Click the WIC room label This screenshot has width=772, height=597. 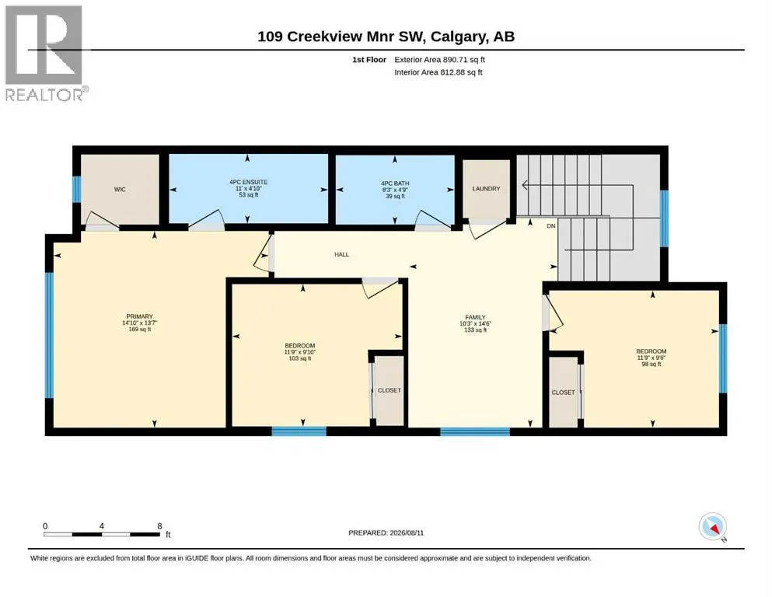(120, 190)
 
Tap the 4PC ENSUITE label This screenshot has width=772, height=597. (248, 182)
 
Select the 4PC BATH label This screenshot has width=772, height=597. (395, 183)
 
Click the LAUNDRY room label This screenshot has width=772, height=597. (486, 189)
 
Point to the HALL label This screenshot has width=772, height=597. (342, 254)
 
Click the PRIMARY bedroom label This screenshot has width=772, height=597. (140, 316)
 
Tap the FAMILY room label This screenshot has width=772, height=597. (475, 317)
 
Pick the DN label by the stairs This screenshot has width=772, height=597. (551, 226)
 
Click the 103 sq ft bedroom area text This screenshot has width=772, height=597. (300, 358)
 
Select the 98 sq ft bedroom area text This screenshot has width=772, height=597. (651, 365)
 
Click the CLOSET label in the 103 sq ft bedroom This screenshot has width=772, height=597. (389, 390)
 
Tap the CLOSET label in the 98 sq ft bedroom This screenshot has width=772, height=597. (563, 393)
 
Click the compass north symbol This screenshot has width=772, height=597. (713, 527)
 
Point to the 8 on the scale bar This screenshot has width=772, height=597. (159, 526)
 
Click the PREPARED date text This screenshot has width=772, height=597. (386, 532)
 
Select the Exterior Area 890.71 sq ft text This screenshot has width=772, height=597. (440, 60)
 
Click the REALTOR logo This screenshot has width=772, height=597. (47, 53)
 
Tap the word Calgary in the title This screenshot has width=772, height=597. (456, 37)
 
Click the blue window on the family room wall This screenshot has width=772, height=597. (475, 431)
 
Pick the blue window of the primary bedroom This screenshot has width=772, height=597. (49, 335)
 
